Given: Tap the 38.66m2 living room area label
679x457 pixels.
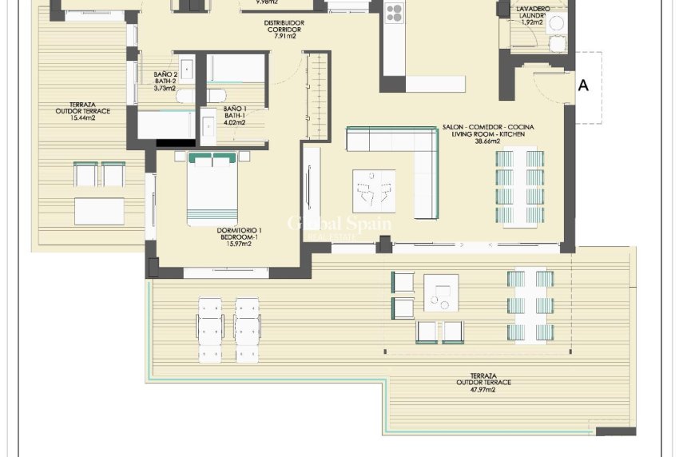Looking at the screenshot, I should coord(487,141).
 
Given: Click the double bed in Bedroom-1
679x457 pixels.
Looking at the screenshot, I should coord(212,190).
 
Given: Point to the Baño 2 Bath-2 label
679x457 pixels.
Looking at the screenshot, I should coord(165,78).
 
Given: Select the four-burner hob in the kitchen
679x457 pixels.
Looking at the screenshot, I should coord(395,12).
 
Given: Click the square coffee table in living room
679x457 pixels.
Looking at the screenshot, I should coord(374,191).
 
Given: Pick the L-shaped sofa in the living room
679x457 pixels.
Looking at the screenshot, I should coord(407,160).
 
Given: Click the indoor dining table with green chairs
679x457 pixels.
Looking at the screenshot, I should coord(519,189).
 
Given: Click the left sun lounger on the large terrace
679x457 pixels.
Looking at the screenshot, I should coord(209,328).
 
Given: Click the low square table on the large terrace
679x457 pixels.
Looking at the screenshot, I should coord(441,294).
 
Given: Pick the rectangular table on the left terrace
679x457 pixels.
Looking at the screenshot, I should coord(99,211).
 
